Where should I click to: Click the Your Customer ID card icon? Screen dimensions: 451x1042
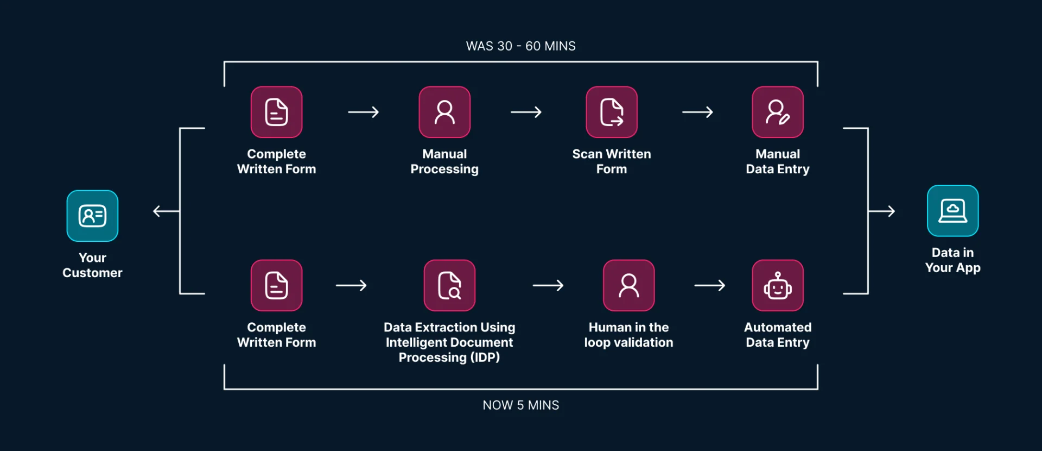[x=92, y=216]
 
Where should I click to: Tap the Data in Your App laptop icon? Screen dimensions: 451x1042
[x=952, y=211]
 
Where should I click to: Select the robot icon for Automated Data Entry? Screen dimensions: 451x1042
[x=777, y=285]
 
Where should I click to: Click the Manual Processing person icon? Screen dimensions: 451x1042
[x=444, y=112]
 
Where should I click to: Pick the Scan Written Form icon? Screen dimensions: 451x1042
[x=612, y=112]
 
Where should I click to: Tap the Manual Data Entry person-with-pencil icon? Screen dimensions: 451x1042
[x=777, y=112]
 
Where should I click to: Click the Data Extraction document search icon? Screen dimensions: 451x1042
[x=449, y=285]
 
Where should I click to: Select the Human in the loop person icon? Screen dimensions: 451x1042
[x=628, y=285]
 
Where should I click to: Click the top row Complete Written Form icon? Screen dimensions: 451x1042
[x=276, y=112]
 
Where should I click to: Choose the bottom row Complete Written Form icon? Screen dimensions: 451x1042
[x=276, y=285]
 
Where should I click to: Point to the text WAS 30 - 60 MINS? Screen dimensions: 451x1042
[x=520, y=46]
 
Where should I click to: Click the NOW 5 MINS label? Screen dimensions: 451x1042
[x=520, y=405]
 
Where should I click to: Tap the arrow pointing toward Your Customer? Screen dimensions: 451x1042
[x=166, y=211]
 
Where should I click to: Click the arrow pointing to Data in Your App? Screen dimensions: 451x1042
[x=882, y=211]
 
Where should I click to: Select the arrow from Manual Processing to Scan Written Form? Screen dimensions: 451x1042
[x=526, y=112]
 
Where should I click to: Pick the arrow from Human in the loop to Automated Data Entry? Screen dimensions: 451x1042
[x=709, y=285]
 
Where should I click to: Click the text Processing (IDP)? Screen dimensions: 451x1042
[x=449, y=358]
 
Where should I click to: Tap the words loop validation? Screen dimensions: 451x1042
[x=628, y=342]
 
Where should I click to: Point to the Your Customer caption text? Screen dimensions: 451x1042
[x=92, y=265]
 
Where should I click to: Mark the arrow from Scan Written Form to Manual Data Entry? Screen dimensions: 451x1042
[x=697, y=112]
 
